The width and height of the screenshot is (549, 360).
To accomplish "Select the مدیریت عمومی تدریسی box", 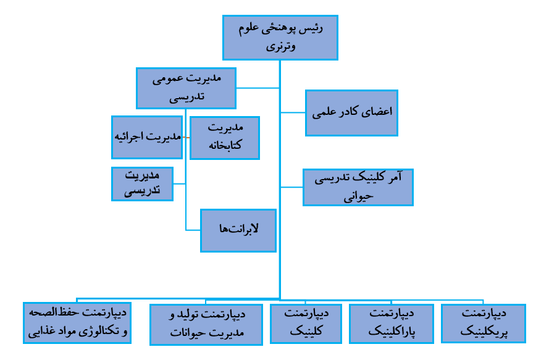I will [186, 87].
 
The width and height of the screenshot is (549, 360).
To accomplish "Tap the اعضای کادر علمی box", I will [351, 113].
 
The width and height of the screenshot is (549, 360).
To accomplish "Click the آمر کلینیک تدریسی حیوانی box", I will [358, 187].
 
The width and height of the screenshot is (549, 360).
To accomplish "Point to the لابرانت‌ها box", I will [238, 230].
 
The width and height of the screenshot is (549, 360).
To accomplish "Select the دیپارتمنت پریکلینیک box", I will [484, 323].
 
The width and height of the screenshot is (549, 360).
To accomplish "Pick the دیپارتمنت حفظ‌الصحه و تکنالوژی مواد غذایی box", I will [77, 322].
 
